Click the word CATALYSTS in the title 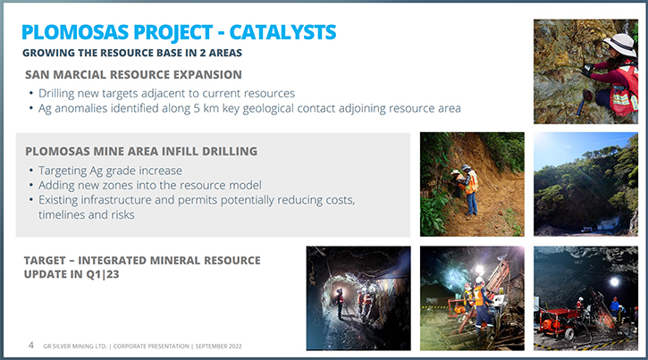[x=282, y=32]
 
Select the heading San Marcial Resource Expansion [x=133, y=75]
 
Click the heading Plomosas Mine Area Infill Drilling [x=141, y=152]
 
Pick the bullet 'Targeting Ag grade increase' [x=110, y=171]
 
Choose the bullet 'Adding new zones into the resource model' [x=150, y=186]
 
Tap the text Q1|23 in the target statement [x=103, y=274]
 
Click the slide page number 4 [x=31, y=345]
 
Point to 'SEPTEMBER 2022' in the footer [x=219, y=347]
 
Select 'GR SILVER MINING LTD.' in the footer [x=75, y=347]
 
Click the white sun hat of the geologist [x=620, y=44]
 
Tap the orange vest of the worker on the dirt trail [x=471, y=182]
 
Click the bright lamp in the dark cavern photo [x=615, y=282]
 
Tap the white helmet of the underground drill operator [x=479, y=280]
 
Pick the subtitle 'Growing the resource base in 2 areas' [x=132, y=53]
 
